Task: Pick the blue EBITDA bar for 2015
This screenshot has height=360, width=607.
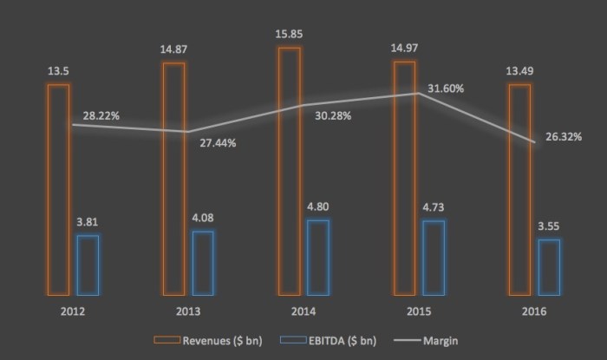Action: click(x=434, y=258)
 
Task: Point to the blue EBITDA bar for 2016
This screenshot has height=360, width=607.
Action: click(x=549, y=267)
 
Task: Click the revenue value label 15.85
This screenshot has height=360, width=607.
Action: click(x=290, y=35)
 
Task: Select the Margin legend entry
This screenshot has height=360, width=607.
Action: click(x=440, y=338)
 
